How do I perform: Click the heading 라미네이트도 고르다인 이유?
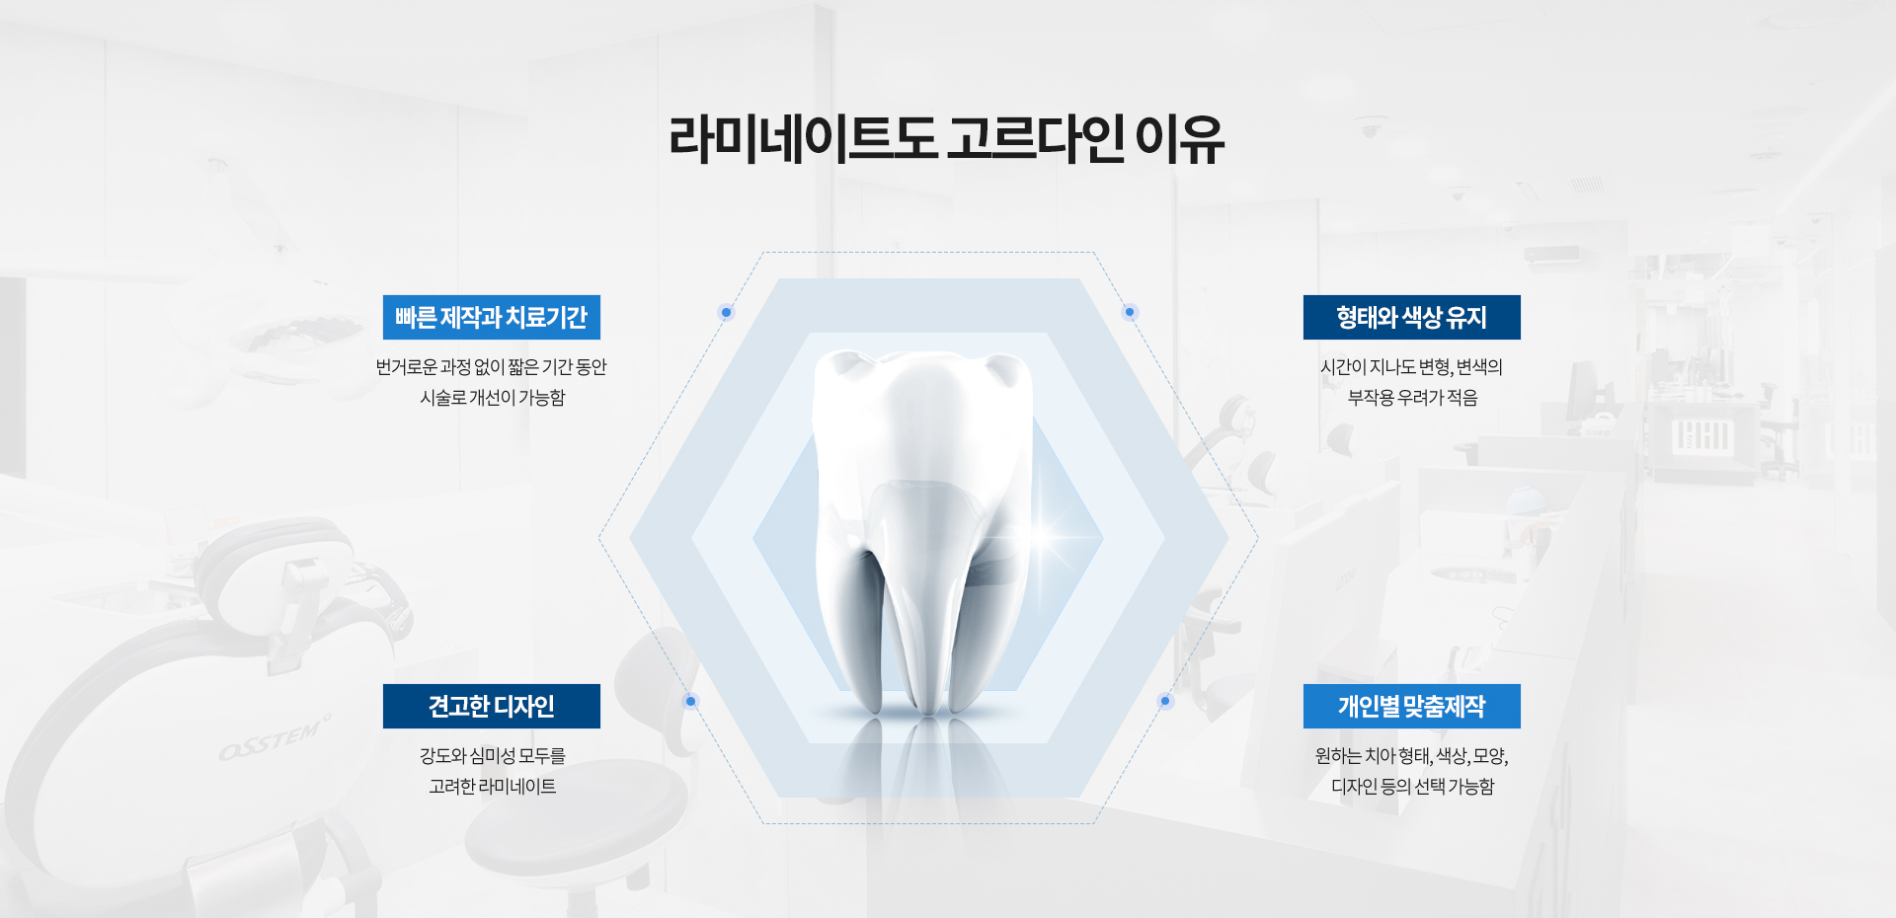[x=947, y=138]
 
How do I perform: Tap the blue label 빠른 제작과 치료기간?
[x=492, y=318]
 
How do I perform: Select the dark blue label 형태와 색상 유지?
[x=1412, y=318]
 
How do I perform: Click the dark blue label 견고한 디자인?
[x=492, y=707]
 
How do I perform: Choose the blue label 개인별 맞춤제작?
[x=1412, y=707]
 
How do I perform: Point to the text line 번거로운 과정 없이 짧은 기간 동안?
[x=492, y=367]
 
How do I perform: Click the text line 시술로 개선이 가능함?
[x=493, y=398]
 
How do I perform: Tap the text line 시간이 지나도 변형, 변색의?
[x=1412, y=367]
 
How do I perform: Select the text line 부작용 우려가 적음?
[x=1413, y=398]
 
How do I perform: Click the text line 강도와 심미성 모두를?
[x=493, y=756]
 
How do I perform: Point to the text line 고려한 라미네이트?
[x=493, y=787]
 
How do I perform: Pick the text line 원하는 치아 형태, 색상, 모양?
[x=1412, y=756]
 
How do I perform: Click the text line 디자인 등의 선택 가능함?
[x=1413, y=787]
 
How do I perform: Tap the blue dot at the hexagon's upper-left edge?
[x=727, y=313]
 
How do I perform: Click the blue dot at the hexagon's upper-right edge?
[x=1131, y=313]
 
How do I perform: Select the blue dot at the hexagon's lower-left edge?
[x=691, y=702]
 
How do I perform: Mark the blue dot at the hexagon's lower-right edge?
[x=1165, y=702]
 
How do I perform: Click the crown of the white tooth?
[x=922, y=415]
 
